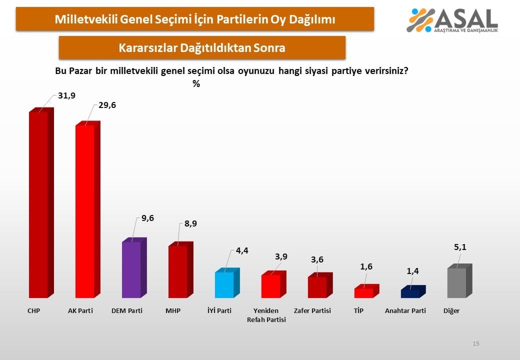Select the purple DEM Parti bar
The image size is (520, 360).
pos(131,269)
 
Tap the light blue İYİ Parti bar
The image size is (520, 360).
pos(224,284)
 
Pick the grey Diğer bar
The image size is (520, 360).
pos(456,282)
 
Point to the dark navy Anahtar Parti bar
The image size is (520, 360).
pos(410,293)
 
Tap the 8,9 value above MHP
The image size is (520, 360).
pos(190,223)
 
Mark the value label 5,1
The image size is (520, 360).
pos(460,246)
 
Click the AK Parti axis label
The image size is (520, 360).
pos(80,311)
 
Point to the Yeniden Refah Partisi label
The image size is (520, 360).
pos(266,315)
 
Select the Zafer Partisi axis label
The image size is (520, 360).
pos(312,311)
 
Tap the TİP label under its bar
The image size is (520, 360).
pos(358,311)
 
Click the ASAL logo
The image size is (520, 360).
pos(452,20)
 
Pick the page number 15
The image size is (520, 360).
pos(476,343)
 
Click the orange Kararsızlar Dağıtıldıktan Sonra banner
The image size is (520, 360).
pos(202,48)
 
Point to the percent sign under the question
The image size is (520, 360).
pos(196,84)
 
